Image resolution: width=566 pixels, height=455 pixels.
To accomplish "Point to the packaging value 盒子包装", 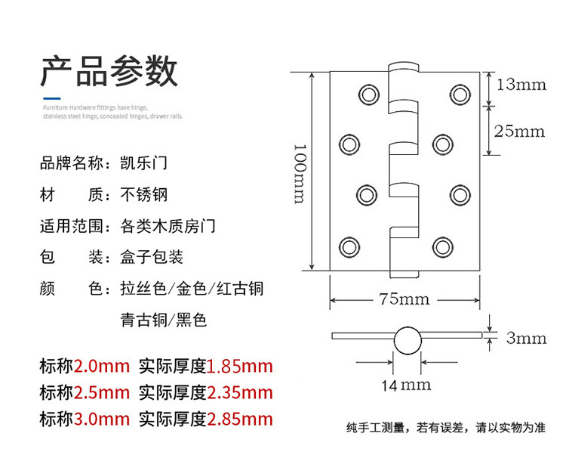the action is coord(152,257).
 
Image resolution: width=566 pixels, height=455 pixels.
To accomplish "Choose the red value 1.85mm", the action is coord(239,367).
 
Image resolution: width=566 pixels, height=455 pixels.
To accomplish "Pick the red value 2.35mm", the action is coord(239,393).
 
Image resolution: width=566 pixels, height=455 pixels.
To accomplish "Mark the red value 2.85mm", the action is coord(239,419).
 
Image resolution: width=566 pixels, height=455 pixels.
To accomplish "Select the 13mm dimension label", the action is coord(521,84).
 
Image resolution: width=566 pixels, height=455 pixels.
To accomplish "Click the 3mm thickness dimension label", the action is coord(525,338).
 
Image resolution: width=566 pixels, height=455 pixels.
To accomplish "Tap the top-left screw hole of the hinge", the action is coord(368,92).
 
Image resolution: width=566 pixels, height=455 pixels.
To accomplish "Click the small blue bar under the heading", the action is coord(51,97).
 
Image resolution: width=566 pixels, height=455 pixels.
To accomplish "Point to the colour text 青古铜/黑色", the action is coord(163,320).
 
